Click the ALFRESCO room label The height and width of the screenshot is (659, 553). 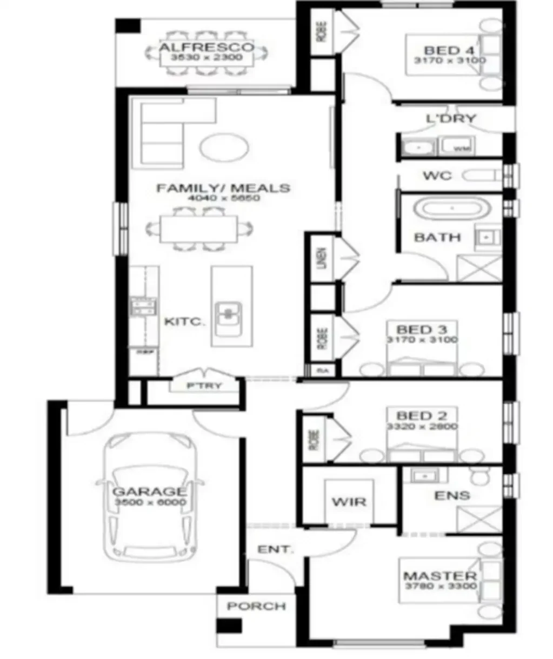[x=206, y=47]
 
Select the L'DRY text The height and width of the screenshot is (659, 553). [x=451, y=118]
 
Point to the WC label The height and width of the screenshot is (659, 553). [x=437, y=176]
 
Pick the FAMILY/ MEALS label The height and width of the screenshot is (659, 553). [x=223, y=188]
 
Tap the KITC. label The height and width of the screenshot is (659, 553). [x=184, y=322]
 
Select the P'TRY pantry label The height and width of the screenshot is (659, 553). [x=204, y=386]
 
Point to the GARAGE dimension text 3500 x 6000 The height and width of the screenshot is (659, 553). [x=150, y=502]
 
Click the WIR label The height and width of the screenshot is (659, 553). [x=348, y=502]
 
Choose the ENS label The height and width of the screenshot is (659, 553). [x=452, y=495]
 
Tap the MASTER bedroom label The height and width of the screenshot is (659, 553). [x=440, y=576]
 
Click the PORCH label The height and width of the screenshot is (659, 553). [x=256, y=606]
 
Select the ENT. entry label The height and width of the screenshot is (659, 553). [x=275, y=549]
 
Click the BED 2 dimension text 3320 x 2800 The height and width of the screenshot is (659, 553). [x=422, y=426]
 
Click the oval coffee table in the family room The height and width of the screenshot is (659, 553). [x=225, y=146]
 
